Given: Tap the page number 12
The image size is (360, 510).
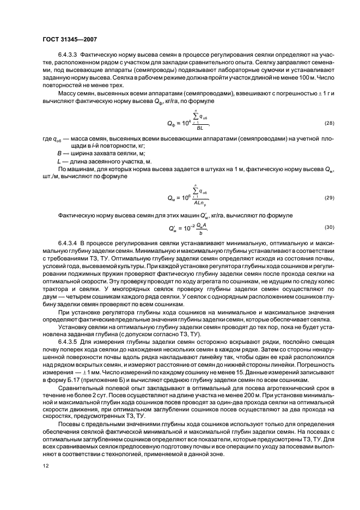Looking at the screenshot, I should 45,465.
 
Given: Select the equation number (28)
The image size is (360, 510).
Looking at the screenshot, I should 313,124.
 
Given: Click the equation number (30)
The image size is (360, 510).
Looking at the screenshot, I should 313,226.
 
